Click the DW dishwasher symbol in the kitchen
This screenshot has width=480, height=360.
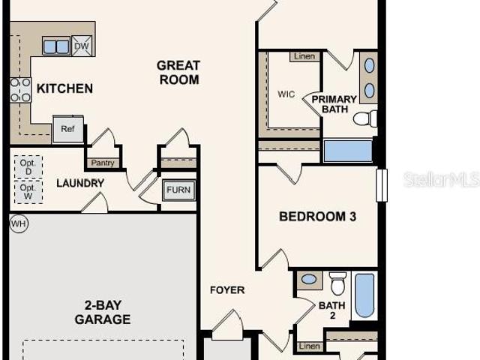point(82,46)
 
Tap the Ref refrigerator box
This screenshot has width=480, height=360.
point(68,129)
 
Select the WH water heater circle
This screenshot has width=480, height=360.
point(19,223)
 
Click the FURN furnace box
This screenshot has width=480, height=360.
point(178,190)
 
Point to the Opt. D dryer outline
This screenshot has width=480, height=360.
point(28,167)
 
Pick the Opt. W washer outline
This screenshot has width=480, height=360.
point(28,192)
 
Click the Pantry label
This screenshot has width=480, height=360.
point(103,163)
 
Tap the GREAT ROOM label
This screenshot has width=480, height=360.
point(178,73)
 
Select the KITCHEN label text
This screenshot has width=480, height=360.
point(64,88)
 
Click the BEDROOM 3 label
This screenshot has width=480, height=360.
point(317,217)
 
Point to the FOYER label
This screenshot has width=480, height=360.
point(227,290)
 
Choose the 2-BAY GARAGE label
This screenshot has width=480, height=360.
point(103,312)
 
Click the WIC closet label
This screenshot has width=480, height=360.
point(286,94)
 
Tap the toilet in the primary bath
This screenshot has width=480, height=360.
point(365,118)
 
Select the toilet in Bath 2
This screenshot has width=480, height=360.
point(337,283)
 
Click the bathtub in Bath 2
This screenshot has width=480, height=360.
point(364,295)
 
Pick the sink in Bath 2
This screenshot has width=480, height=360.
point(309,279)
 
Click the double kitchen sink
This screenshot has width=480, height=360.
point(56,46)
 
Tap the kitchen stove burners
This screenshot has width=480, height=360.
point(20,90)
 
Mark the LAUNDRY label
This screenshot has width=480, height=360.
point(80,183)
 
